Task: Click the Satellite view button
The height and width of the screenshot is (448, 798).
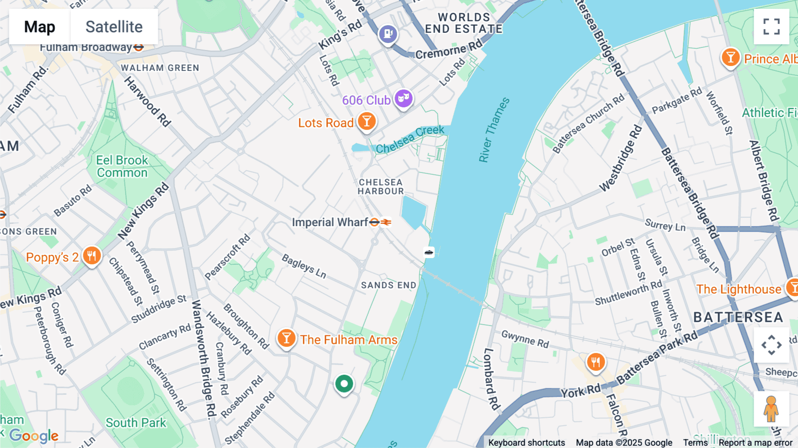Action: point(114,27)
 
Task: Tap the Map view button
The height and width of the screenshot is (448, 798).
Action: point(39,27)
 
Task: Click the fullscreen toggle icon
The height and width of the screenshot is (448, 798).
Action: point(771,27)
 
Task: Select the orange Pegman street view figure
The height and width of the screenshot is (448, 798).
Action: point(771,409)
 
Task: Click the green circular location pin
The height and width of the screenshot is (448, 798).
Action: point(344,384)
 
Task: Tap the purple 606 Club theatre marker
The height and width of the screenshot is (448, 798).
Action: point(403,98)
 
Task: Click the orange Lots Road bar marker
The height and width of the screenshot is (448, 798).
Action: point(367,121)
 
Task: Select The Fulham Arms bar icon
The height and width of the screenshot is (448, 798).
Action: point(286,338)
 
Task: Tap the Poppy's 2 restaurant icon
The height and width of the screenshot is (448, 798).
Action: point(92,256)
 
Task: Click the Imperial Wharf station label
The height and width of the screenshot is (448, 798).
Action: point(330,222)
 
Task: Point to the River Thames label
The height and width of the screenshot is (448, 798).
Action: point(494,130)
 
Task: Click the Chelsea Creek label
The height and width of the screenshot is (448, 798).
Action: point(410,139)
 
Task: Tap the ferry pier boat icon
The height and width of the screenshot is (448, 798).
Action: point(429,252)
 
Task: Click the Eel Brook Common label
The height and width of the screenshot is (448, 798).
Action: point(122,166)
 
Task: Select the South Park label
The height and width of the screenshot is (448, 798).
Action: point(136,423)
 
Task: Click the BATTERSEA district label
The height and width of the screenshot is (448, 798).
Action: point(738,317)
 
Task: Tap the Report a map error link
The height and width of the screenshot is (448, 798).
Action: point(755,442)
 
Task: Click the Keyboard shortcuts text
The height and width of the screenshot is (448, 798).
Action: point(526,442)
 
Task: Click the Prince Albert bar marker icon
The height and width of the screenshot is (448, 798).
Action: point(730,58)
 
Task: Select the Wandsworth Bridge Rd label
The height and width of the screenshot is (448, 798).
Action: point(203,359)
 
